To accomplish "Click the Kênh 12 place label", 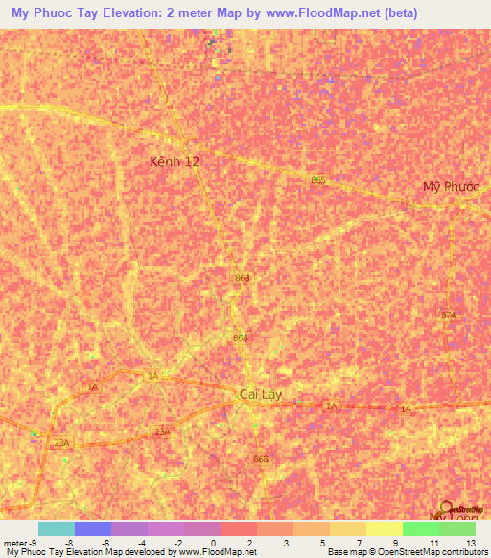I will [x=175, y=162].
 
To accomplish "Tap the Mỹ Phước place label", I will [x=451, y=186].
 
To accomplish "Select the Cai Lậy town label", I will [x=260, y=394].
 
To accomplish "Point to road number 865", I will [x=318, y=179].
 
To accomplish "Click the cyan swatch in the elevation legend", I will [x=57, y=528].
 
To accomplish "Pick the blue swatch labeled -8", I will [x=93, y=528].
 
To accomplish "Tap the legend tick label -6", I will [x=105, y=543].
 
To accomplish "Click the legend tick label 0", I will [x=214, y=543].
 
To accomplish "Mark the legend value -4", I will [x=142, y=543].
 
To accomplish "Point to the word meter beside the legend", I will [x=13, y=543].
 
